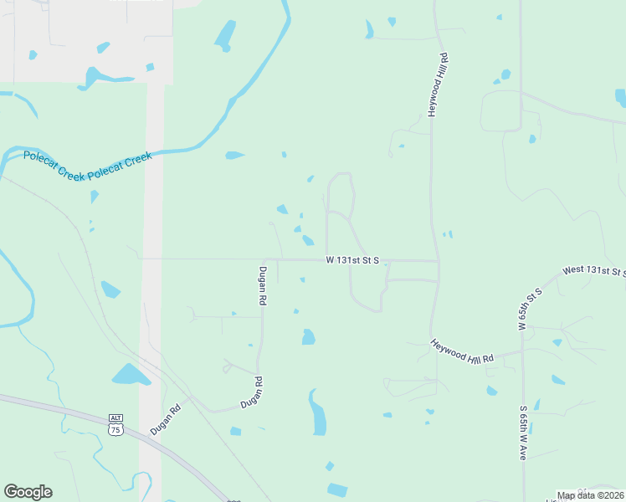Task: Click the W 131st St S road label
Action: [352, 261]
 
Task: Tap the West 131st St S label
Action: [594, 270]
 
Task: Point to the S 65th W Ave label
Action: [522, 432]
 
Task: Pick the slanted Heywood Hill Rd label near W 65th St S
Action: [462, 351]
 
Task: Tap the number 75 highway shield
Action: [115, 429]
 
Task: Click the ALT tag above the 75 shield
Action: [115, 417]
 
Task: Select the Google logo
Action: [28, 492]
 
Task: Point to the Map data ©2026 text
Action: [590, 495]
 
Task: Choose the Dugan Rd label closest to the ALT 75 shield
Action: [166, 419]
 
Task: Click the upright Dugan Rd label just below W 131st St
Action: [262, 285]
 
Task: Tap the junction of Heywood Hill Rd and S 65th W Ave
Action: [522, 352]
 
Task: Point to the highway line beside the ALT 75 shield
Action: [84, 414]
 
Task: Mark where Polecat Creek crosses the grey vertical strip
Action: [155, 151]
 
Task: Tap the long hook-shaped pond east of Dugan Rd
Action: [318, 412]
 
